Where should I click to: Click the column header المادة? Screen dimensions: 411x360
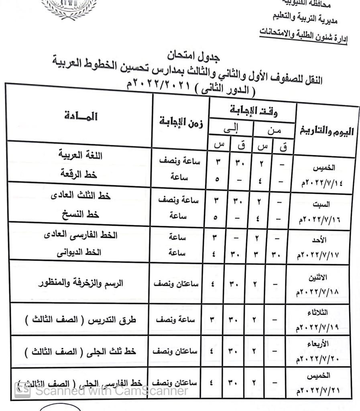point(81,116)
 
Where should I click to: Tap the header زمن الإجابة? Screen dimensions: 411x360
point(181,122)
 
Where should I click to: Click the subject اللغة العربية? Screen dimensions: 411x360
point(81,155)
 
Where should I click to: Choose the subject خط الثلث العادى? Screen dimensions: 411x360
point(81,195)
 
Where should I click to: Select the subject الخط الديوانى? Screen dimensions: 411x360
point(80,252)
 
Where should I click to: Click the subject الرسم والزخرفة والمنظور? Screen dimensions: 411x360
point(80,283)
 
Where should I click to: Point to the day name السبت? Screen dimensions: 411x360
point(321,204)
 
